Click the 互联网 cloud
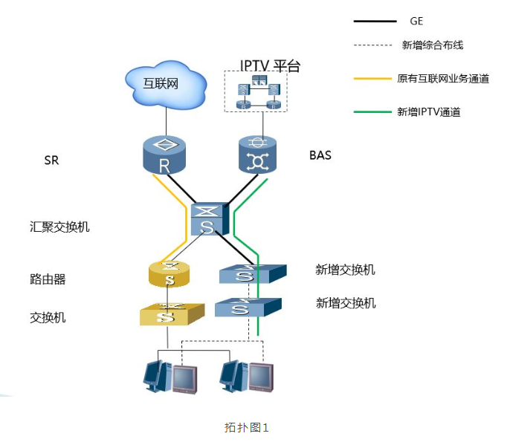[x=165, y=82]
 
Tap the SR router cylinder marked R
[x=164, y=155]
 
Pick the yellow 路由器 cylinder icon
[x=170, y=275]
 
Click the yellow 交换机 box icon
[x=170, y=314]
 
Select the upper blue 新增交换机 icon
[x=250, y=273]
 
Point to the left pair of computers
[x=169, y=376]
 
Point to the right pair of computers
[x=246, y=376]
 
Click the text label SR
[x=52, y=160]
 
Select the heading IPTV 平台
[x=269, y=66]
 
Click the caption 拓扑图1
[x=245, y=427]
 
